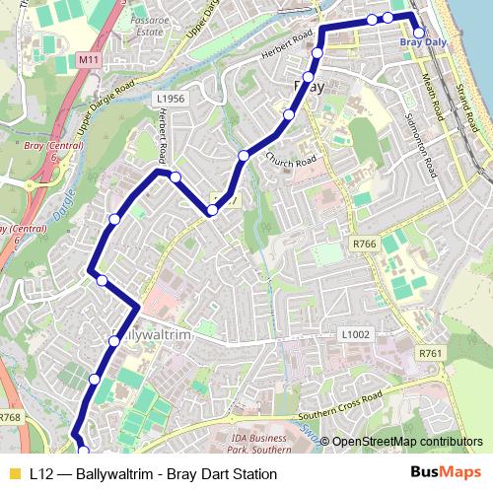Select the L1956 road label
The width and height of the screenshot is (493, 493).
(x=171, y=99)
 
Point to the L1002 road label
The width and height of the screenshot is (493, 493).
(x=355, y=335)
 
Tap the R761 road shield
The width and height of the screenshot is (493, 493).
(x=429, y=353)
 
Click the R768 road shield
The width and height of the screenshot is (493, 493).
(x=10, y=418)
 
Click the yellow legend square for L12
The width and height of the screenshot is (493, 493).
(x=13, y=474)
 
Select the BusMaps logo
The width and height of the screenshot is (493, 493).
(x=446, y=473)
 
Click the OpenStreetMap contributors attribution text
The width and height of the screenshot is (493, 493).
(x=406, y=442)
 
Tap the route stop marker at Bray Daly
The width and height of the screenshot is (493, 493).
(x=418, y=33)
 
